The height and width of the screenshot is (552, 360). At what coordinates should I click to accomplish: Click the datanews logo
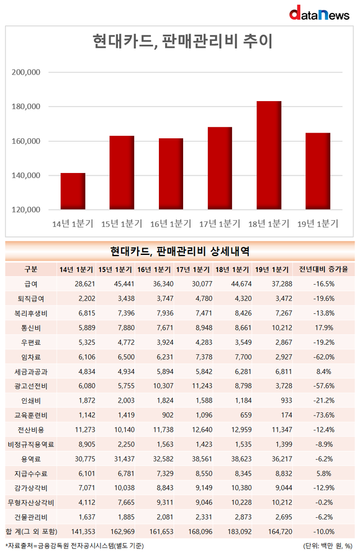(x=319, y=13)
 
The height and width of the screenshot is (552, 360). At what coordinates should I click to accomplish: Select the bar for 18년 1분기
(x=269, y=155)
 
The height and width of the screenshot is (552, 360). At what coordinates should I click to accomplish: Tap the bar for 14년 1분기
(x=73, y=191)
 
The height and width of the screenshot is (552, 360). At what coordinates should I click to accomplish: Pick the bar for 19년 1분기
(x=318, y=171)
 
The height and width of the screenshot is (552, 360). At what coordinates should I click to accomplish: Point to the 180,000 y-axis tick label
(x=26, y=107)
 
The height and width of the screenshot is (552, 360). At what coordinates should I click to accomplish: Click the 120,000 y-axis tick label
(x=26, y=210)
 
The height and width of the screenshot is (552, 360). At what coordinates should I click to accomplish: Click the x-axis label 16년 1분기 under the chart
(x=171, y=224)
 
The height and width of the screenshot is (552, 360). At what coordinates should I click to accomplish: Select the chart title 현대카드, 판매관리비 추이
(x=182, y=42)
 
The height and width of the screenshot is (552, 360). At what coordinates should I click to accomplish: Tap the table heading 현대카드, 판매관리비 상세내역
(x=180, y=251)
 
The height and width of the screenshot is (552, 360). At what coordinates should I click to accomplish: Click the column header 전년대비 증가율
(x=323, y=270)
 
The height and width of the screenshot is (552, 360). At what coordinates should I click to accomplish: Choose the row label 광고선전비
(x=31, y=386)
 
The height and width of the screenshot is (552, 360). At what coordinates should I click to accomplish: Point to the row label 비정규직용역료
(x=31, y=445)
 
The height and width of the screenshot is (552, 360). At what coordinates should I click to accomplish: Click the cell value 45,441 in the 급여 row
(x=124, y=283)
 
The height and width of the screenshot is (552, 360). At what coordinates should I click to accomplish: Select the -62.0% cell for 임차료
(x=324, y=357)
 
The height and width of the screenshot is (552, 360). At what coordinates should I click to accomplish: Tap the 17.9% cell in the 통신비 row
(x=324, y=327)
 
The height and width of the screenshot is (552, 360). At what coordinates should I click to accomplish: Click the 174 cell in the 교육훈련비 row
(x=286, y=415)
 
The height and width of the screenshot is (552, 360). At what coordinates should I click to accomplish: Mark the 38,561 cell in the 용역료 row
(x=202, y=459)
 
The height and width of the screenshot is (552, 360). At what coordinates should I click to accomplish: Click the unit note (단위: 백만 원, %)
(x=328, y=546)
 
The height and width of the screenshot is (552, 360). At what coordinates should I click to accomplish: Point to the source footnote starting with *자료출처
(x=74, y=546)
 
